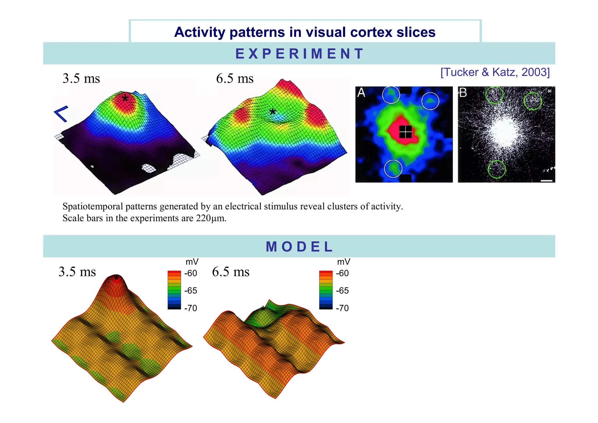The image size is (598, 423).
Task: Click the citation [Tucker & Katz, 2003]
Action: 495,72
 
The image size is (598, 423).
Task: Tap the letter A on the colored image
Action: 361,93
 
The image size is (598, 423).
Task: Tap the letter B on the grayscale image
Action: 463,93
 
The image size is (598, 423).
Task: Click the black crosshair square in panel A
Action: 405,132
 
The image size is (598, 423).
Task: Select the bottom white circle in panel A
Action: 393,169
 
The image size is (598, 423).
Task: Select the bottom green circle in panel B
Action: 496,169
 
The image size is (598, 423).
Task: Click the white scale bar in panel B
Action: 546,181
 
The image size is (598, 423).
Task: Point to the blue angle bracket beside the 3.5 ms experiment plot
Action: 62,114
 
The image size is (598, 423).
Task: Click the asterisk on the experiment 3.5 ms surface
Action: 125,98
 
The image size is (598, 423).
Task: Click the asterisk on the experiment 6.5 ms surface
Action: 272,112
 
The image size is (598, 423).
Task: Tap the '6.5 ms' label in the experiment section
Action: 235,79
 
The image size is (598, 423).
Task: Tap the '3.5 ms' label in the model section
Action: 77,272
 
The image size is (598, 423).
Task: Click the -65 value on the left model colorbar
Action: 190,291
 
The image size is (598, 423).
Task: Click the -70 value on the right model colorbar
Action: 342,308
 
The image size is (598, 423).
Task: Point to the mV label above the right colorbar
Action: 343,262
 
